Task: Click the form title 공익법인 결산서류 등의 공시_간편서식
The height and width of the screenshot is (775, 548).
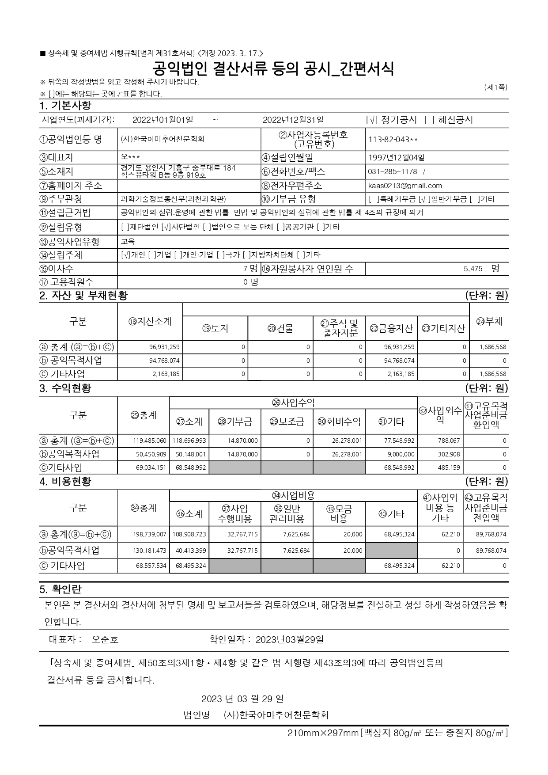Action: (273, 68)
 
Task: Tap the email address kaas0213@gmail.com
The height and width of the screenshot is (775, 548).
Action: (405, 186)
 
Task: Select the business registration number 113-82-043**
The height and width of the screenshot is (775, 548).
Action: (393, 140)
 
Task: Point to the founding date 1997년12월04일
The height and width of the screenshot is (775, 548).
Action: (396, 157)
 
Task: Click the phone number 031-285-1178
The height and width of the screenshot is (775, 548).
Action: (392, 171)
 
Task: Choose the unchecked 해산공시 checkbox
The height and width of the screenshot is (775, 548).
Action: (429, 120)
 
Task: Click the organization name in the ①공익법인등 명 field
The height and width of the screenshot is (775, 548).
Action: (163, 139)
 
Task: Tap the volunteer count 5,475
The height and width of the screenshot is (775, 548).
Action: (472, 269)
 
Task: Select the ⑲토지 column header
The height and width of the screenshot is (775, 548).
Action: (215, 328)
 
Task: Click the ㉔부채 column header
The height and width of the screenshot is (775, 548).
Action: (489, 322)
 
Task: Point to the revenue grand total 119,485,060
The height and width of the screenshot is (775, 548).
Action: (150, 441)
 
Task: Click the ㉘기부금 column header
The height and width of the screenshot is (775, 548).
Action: (234, 422)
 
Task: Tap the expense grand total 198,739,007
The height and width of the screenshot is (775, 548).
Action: (150, 534)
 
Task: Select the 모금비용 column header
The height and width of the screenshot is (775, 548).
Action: (339, 513)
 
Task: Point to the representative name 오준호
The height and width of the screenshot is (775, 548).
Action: (105, 639)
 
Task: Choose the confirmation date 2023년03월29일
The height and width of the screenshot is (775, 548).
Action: (289, 639)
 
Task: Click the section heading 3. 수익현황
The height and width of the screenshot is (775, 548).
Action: (65, 388)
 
